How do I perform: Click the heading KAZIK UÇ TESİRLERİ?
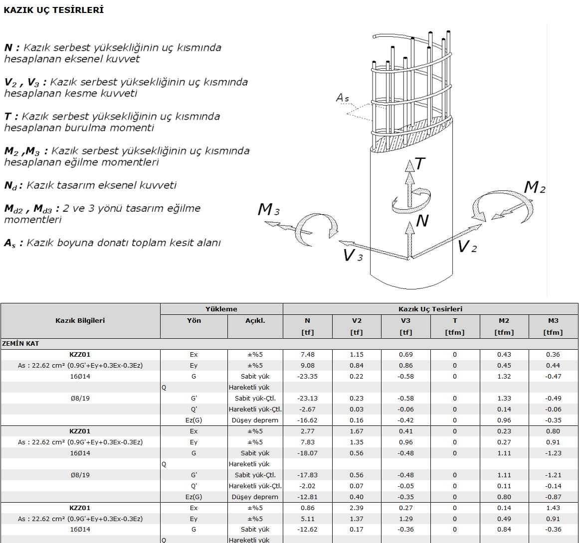point(53,10)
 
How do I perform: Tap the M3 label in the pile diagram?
point(268,210)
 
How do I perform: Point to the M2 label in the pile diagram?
point(535,187)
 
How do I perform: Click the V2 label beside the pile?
point(467,246)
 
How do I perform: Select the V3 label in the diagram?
point(353,255)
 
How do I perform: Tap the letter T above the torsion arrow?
point(420,164)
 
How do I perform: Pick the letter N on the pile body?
point(422,221)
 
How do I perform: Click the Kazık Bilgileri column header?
point(80,320)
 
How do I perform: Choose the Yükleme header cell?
point(221,309)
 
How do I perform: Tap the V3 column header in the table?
point(405,320)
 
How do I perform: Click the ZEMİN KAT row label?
point(20,343)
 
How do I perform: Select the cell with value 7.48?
point(308,355)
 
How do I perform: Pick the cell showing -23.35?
point(308,376)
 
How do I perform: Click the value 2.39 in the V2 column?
point(357,508)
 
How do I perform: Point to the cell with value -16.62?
point(308,420)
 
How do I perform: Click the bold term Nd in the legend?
point(10,185)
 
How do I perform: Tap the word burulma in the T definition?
point(105,128)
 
